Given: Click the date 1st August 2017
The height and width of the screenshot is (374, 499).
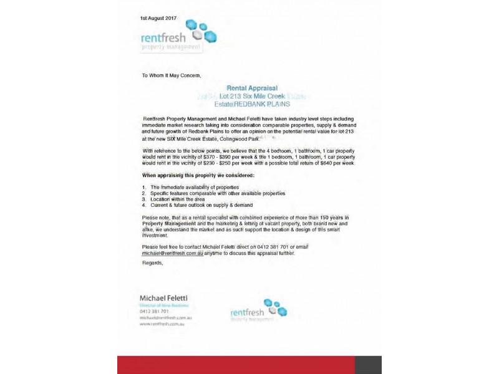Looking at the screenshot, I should coord(158,17).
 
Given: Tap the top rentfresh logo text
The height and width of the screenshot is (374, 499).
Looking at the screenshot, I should coord(163,37).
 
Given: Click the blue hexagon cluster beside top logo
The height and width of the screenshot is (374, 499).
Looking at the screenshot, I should coord(202,31).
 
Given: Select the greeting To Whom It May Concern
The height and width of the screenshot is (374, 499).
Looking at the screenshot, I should coord(172,75).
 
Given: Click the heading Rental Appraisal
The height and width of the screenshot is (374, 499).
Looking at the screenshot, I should coord(252,89).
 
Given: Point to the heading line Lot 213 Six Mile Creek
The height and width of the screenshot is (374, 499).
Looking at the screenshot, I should coord(252,97).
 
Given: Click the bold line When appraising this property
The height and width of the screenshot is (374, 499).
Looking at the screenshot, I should coord(198,175).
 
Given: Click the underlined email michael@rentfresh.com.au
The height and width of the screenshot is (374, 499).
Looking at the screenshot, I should coord(172,254).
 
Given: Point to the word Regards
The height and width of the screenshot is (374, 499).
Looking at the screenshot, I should coord(152,262).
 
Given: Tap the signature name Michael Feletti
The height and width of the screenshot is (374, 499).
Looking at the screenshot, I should coord(163,298).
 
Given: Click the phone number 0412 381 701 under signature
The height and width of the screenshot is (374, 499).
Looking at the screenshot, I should coord(155,311).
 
